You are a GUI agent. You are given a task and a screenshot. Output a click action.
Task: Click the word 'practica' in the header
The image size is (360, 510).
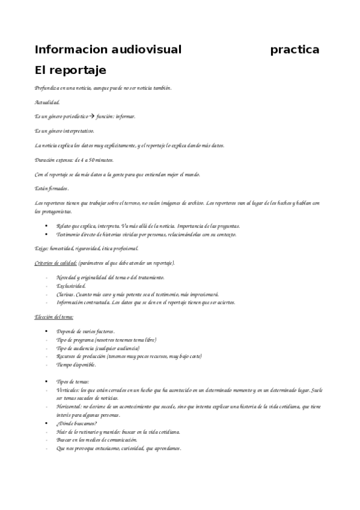pyautogui.click(x=294, y=49)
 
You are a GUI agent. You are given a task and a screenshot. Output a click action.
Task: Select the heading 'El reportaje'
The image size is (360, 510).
pyautogui.click(x=70, y=70)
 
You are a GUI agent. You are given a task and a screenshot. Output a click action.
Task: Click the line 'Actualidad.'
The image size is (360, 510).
pyautogui.click(x=47, y=102)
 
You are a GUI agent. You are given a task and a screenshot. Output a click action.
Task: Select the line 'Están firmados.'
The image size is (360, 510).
pyautogui.click(x=52, y=189)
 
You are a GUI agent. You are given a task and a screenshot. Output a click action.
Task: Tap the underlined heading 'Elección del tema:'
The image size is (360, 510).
pyautogui.click(x=54, y=316)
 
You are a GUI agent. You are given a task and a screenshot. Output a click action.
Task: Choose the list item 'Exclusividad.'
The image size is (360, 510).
pyautogui.click(x=71, y=286)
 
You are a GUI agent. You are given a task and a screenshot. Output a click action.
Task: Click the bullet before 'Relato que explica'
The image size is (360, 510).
pyautogui.click(x=47, y=226)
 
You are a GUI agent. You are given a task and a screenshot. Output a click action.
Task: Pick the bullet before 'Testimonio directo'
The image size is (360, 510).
pyautogui.click(x=47, y=234)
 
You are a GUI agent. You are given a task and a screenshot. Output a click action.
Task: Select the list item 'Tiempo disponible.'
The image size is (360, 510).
pyautogui.click(x=76, y=364)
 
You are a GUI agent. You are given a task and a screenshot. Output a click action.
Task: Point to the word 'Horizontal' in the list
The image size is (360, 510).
pyautogui.click(x=69, y=407)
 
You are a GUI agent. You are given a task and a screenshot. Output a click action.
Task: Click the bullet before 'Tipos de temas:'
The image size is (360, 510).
pyautogui.click(x=47, y=382)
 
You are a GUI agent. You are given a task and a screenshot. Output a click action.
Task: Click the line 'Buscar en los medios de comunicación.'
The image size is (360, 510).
pyautogui.click(x=96, y=440)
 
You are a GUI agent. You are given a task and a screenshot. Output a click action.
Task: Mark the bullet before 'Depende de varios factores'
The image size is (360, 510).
pyautogui.click(x=47, y=331)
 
